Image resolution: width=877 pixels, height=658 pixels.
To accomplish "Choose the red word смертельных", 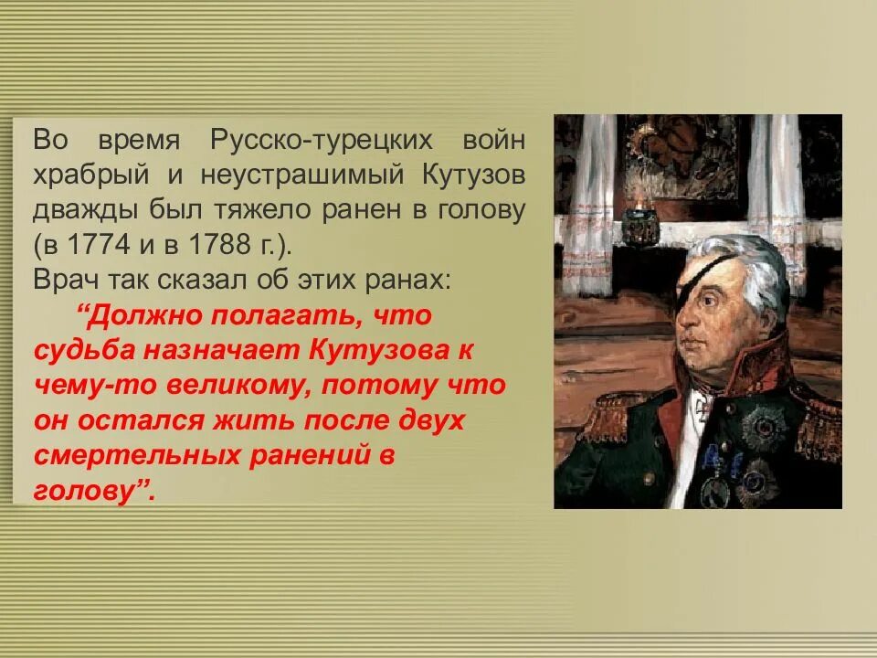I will click(x=117, y=455).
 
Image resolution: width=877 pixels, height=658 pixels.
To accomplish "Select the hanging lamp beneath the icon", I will click(x=641, y=225).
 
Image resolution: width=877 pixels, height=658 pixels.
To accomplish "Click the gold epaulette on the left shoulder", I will click(x=608, y=416).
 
